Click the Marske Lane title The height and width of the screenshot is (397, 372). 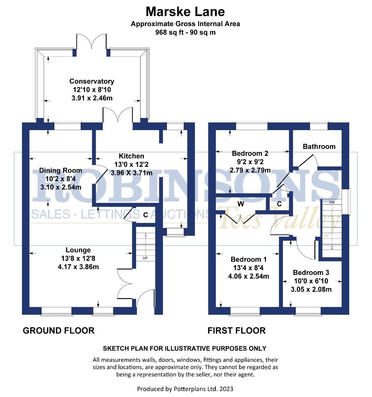(185, 11)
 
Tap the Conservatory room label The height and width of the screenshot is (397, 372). (92, 81)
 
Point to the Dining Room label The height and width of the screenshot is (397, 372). (61, 171)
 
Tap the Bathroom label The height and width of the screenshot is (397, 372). (319, 146)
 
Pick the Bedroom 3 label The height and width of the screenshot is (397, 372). (311, 273)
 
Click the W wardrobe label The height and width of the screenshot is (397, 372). (241, 203)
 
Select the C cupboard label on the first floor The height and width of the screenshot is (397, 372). (279, 204)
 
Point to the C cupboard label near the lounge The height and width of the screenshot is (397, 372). (145, 215)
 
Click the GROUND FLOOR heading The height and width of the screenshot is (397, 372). (59, 330)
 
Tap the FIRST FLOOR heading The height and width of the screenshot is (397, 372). (237, 330)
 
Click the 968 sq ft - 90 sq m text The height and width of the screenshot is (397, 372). (185, 32)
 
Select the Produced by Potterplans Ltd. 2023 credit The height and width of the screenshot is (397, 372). (185, 389)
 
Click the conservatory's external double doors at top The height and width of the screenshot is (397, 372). (92, 42)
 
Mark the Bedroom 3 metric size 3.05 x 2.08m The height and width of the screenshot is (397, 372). (311, 289)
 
